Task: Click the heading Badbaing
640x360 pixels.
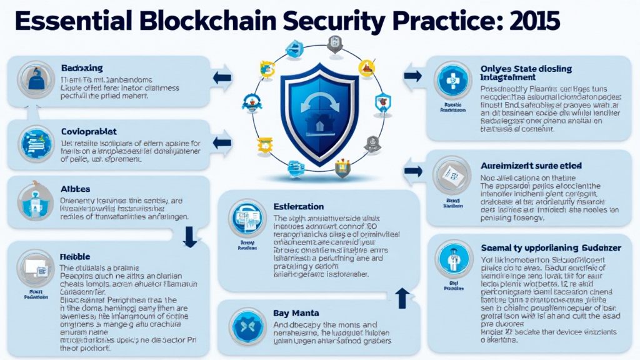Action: (x=82, y=67)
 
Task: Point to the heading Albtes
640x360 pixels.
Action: (x=75, y=188)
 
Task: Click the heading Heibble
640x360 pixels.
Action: (x=76, y=257)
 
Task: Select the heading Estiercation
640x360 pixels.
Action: (x=299, y=206)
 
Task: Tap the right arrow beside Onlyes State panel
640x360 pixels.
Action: (x=412, y=76)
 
